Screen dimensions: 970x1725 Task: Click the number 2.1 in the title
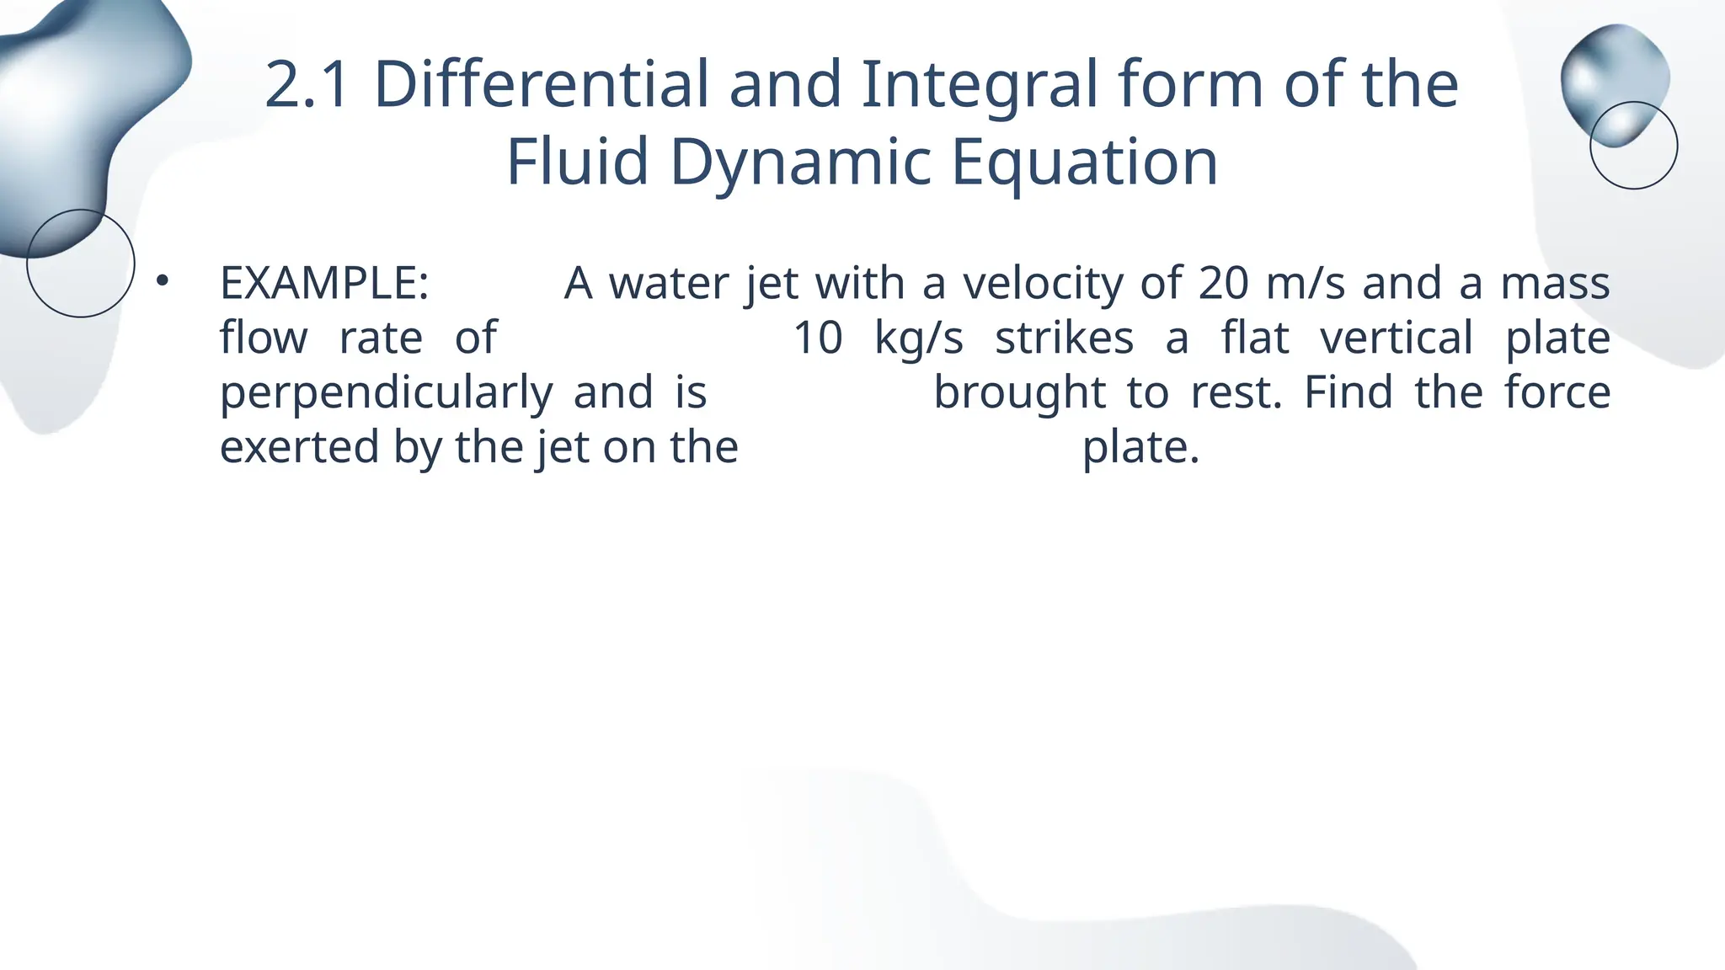[307, 85]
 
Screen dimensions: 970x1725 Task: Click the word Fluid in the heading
[577, 162]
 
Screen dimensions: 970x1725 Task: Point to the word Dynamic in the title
[800, 162]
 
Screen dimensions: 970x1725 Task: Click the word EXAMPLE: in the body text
[324, 284]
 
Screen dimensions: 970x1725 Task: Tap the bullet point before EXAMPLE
[163, 282]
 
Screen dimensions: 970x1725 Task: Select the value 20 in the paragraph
[1223, 284]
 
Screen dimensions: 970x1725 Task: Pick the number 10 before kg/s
[818, 338]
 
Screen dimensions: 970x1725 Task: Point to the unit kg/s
[918, 338]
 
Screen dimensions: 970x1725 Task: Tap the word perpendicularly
[386, 393]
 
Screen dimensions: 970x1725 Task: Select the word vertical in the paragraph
[1397, 338]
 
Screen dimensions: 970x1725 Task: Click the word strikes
[1064, 338]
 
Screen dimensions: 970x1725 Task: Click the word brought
[1019, 393]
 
